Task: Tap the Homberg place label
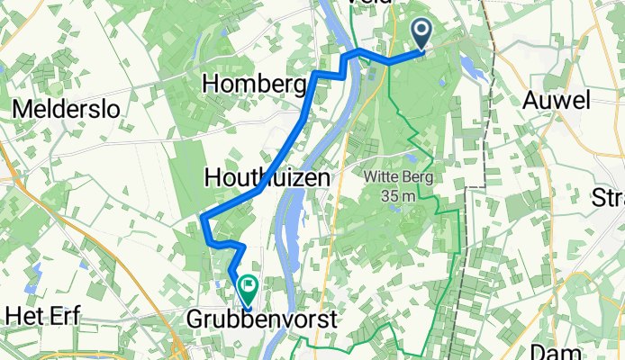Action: coord(256,84)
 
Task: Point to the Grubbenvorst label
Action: coord(262,319)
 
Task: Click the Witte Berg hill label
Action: coord(398,177)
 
